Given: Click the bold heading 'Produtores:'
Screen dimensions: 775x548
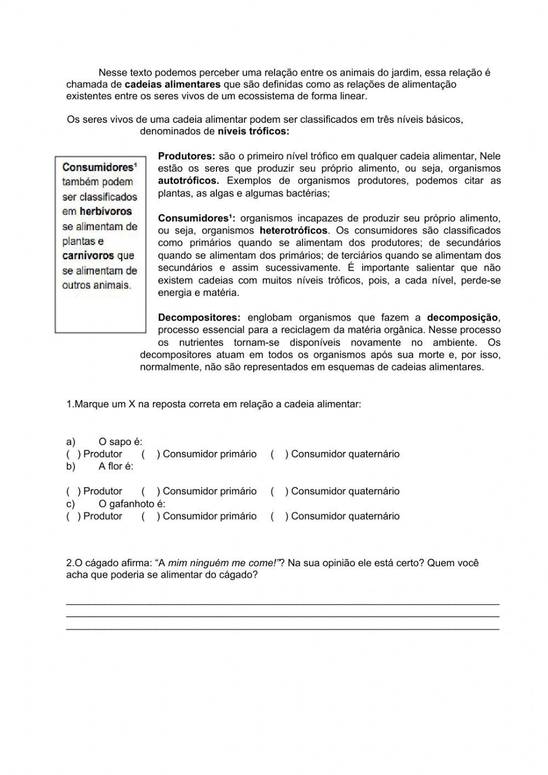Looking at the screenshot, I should (186, 156).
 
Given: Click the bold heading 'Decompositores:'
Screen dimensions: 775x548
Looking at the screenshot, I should (199, 318).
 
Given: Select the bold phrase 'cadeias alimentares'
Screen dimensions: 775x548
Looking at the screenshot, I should (173, 84).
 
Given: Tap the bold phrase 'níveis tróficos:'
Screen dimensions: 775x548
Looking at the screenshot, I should (253, 132).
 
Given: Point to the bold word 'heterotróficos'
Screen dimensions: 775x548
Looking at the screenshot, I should (293, 231).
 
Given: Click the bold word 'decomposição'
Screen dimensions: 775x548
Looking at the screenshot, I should (463, 318).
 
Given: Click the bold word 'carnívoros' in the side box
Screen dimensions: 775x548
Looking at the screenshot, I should (88, 256).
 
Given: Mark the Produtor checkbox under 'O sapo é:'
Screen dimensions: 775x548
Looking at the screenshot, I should (73, 454).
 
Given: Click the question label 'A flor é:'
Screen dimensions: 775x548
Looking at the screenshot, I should (116, 466).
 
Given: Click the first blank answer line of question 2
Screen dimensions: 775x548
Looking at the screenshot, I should (282, 603).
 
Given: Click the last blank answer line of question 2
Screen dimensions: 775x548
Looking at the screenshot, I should (282, 629).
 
